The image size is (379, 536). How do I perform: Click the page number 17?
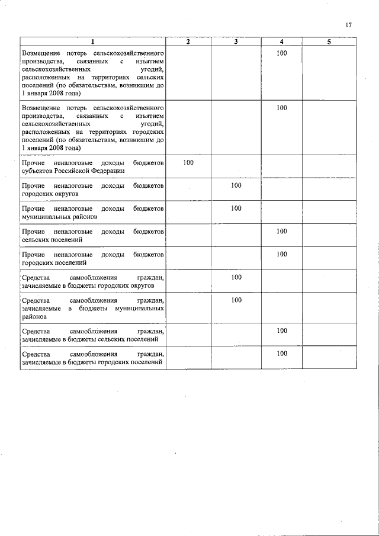pyautogui.click(x=348, y=25)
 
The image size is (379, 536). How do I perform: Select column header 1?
pyautogui.click(x=92, y=41)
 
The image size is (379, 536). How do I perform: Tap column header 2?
pyautogui.click(x=188, y=41)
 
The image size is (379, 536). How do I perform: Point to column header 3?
pyautogui.click(x=236, y=41)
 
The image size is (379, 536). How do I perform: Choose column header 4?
pyautogui.click(x=282, y=41)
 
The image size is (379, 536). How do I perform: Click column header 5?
pyautogui.click(x=329, y=41)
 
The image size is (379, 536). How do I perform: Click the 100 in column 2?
pyautogui.click(x=188, y=162)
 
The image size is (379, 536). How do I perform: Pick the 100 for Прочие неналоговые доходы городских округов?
pyautogui.click(x=236, y=185)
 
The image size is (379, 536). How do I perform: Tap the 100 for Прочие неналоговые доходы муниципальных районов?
pyautogui.click(x=236, y=208)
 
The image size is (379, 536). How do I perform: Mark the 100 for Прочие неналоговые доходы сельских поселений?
pyautogui.click(x=282, y=232)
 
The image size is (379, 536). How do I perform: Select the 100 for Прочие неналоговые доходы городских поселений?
pyautogui.click(x=282, y=254)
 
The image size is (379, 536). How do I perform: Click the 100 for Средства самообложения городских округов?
pyautogui.click(x=236, y=277)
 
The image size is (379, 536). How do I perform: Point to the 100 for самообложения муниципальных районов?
pyautogui.click(x=236, y=300)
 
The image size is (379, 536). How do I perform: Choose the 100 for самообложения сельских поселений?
pyautogui.click(x=282, y=330)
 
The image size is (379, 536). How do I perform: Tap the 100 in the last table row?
pyautogui.click(x=282, y=354)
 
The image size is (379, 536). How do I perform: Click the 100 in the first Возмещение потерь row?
pyautogui.click(x=282, y=54)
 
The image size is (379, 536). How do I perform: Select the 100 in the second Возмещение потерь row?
pyautogui.click(x=282, y=108)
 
